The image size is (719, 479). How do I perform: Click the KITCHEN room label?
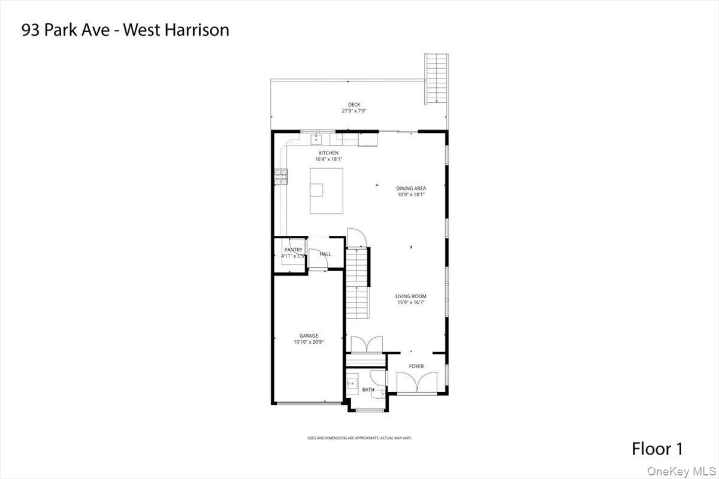point(328,153)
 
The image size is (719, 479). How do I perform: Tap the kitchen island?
point(327,190)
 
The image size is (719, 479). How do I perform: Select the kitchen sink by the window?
point(316,140)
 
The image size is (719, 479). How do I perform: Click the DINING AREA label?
point(411,188)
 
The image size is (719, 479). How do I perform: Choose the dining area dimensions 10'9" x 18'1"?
point(411,195)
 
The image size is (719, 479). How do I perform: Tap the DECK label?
point(354,105)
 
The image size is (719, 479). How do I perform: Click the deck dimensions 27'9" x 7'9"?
point(354,111)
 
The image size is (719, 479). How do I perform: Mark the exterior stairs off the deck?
point(437,78)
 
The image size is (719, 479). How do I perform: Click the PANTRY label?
point(294,250)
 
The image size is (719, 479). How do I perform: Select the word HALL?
point(325,254)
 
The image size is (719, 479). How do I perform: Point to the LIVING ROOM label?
point(411,296)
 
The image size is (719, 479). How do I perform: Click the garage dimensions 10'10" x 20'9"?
point(309,342)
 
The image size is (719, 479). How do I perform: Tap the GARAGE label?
point(309,336)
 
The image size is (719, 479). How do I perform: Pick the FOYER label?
point(416,366)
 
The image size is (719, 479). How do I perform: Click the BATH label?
point(368,390)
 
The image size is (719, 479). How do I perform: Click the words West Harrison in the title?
point(176,30)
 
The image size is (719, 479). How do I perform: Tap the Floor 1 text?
point(657,448)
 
